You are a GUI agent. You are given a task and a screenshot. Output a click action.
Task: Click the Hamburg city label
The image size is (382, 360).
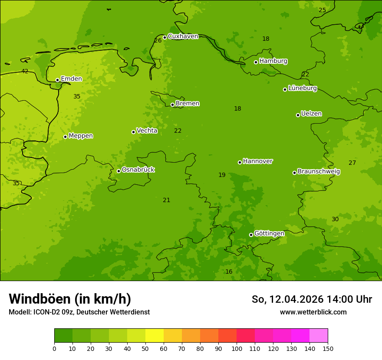coord(273,61)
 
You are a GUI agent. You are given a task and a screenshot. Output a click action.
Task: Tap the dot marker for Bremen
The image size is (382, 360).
coord(172,105)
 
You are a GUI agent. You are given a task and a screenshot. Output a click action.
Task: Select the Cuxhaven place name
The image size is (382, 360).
coord(183,36)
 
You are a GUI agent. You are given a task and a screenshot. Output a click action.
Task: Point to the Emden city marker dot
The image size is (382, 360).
coord(57,80)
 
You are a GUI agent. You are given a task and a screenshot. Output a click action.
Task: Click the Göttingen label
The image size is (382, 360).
coord(269,234)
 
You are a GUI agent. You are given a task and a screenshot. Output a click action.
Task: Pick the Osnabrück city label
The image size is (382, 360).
coord(138,170)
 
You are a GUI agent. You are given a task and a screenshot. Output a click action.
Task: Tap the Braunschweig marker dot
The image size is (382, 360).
coord(294,173)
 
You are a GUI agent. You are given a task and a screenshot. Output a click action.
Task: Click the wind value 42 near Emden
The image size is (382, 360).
coord(25,72)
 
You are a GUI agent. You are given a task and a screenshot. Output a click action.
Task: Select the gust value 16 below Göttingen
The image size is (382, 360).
coord(229,272)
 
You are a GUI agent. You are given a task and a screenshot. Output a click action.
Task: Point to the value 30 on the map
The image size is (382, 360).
coord(335,219)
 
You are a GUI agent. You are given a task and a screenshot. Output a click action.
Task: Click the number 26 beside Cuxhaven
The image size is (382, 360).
coord(158,41)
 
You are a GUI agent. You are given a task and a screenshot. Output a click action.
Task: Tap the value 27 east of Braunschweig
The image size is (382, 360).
coord(352,163)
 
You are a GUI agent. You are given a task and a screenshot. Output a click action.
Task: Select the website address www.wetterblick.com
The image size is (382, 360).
coord(313,312)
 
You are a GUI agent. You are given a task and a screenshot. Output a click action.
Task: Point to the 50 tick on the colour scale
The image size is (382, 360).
coord(145,348)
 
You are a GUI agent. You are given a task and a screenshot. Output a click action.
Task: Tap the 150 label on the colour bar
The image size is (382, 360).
coord(328,348)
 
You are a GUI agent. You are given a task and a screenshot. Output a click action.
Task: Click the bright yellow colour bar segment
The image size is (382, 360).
coord(155,336)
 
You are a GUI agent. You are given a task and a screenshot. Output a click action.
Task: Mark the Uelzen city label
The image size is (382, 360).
coord(311,114)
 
